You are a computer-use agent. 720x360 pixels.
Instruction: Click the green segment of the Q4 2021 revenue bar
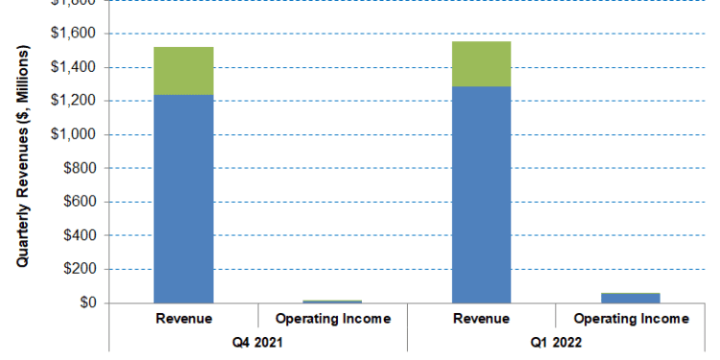coord(183,70)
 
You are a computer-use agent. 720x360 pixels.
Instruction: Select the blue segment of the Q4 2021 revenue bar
coord(183,198)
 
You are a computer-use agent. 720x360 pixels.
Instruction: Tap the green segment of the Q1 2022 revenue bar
coord(481,63)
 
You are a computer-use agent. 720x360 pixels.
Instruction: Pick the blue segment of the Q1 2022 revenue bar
coord(481,194)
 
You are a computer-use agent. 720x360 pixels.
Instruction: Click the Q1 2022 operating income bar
coord(630,298)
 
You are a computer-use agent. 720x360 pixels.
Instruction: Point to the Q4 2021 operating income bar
coord(333,301)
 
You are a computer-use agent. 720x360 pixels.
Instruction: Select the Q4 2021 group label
coord(257,341)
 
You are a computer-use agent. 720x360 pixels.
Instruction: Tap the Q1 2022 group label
coord(555,341)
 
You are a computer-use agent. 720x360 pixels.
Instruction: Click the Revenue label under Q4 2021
coord(183,319)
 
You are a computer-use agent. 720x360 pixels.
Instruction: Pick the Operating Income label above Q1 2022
coord(630,319)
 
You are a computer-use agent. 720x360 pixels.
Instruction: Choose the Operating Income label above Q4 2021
coord(333,319)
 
